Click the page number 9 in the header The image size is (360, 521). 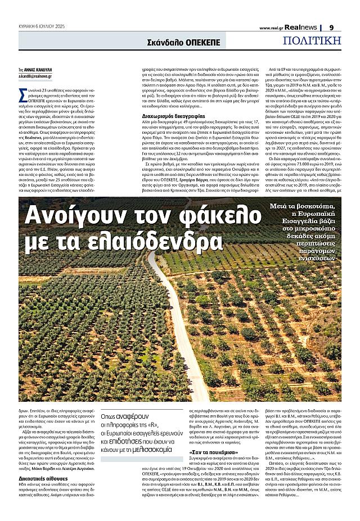331,27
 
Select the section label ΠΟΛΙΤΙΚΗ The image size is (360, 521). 312,40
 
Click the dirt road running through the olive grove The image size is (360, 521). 174,332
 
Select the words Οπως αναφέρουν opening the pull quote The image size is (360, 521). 119,417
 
